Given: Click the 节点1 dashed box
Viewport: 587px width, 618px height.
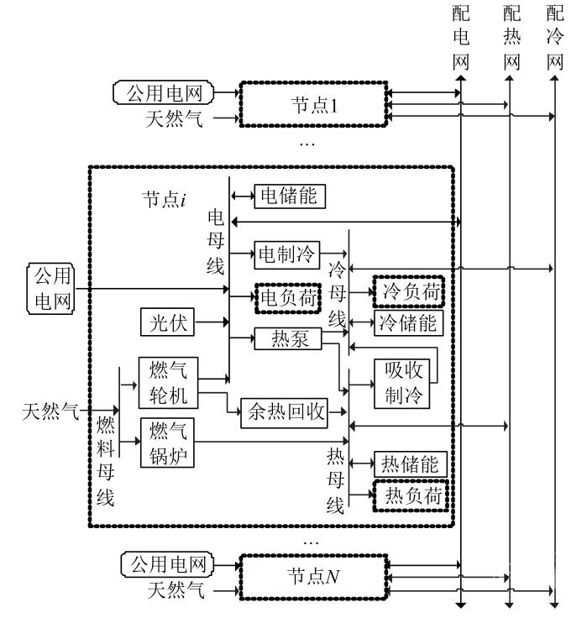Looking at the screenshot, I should click(312, 103).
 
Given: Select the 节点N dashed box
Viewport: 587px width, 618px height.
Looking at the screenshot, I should click(312, 577).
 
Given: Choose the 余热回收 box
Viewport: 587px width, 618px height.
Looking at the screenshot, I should click(284, 411).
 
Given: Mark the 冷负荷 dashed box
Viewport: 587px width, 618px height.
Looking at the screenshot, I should click(408, 291).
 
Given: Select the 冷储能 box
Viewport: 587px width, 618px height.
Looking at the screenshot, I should click(408, 322).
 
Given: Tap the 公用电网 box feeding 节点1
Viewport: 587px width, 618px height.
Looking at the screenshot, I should click(164, 92).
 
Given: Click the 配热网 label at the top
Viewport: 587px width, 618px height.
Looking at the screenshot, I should click(511, 38).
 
